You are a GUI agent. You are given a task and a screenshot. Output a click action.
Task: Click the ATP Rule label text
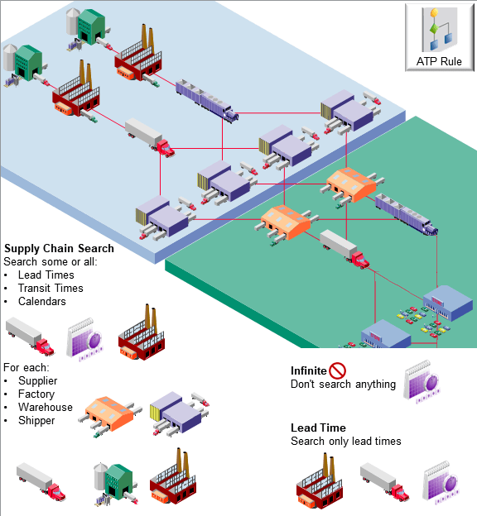pos(440,62)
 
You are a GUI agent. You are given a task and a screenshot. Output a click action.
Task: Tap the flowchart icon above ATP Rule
pos(440,31)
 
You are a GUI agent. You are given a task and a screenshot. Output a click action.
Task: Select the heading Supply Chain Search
pos(60,248)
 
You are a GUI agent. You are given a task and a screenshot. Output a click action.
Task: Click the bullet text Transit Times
pos(51,288)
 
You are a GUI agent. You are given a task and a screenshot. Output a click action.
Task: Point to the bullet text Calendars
pos(41,301)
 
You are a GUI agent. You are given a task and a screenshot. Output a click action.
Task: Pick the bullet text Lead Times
pos(46,275)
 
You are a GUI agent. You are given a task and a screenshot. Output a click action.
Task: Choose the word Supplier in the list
pos(37,380)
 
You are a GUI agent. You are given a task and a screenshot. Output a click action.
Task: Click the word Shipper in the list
pos(36,420)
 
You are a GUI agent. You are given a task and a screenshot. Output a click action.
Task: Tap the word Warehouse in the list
pos(45,407)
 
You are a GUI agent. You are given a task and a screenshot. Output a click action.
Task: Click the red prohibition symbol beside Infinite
pos(337,370)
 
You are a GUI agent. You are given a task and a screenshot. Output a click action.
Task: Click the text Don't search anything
pos(343,385)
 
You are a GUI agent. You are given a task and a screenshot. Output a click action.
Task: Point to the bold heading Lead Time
pos(318,428)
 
